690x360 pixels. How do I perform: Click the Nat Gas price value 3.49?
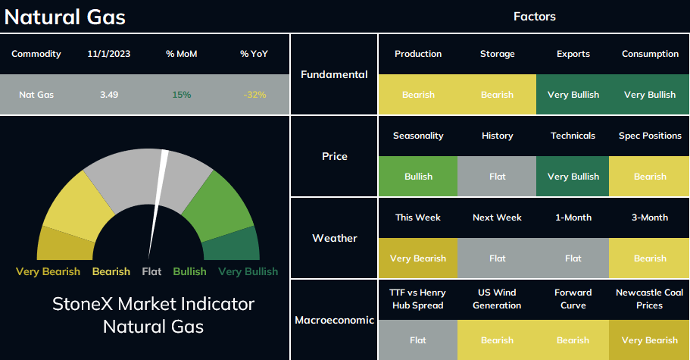(x=109, y=95)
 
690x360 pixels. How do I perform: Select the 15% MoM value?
(x=181, y=95)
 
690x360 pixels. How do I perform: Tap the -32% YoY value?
(x=254, y=95)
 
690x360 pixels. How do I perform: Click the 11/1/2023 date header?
(x=109, y=54)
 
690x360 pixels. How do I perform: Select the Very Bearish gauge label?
(x=48, y=271)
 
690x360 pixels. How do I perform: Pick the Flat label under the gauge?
(x=151, y=271)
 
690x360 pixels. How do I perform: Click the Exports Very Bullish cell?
(x=573, y=95)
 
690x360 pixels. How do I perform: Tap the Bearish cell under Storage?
(x=498, y=95)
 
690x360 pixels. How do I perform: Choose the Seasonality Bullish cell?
(x=418, y=177)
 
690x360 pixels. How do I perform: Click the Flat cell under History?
(x=498, y=177)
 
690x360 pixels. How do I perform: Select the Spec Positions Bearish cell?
(x=650, y=177)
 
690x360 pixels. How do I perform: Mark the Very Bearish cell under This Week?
(x=418, y=258)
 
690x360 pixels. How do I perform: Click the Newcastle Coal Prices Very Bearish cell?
(x=650, y=340)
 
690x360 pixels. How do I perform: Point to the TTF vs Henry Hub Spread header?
(x=417, y=299)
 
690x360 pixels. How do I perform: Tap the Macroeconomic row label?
(x=335, y=320)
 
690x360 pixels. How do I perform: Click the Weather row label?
(x=335, y=238)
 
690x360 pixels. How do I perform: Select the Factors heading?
(x=535, y=17)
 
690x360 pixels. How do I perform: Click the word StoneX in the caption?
(x=83, y=304)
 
